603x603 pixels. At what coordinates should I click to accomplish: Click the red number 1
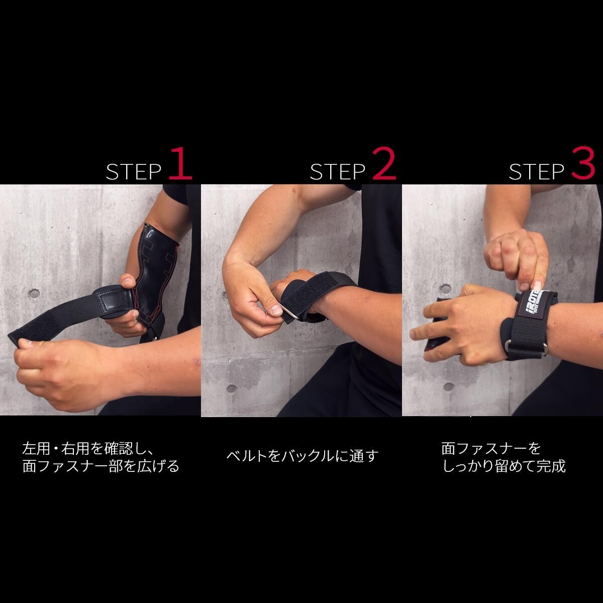(180, 164)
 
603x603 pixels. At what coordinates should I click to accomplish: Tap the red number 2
(384, 164)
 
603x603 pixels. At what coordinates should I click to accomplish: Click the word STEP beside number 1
(134, 172)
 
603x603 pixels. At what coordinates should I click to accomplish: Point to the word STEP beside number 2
(338, 172)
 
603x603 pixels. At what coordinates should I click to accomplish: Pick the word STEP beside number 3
(536, 172)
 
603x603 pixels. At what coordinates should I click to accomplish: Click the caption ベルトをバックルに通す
(303, 456)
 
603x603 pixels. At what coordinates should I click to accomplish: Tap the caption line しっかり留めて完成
(505, 466)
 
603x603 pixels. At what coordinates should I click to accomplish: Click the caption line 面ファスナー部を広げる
(101, 466)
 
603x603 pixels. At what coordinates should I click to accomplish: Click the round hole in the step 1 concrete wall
(34, 294)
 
